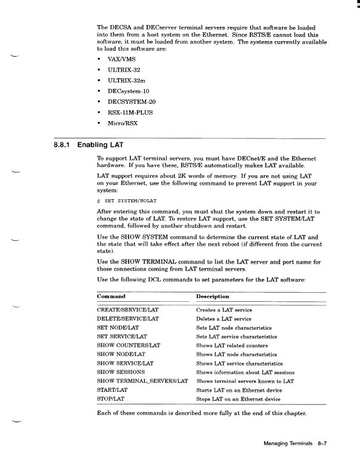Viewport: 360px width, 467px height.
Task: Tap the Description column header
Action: (x=212, y=296)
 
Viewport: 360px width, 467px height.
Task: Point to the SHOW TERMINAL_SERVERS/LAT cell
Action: (x=142, y=381)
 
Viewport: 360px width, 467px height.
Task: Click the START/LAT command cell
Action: (x=112, y=389)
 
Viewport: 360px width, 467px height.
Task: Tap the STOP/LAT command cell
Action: (x=110, y=398)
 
